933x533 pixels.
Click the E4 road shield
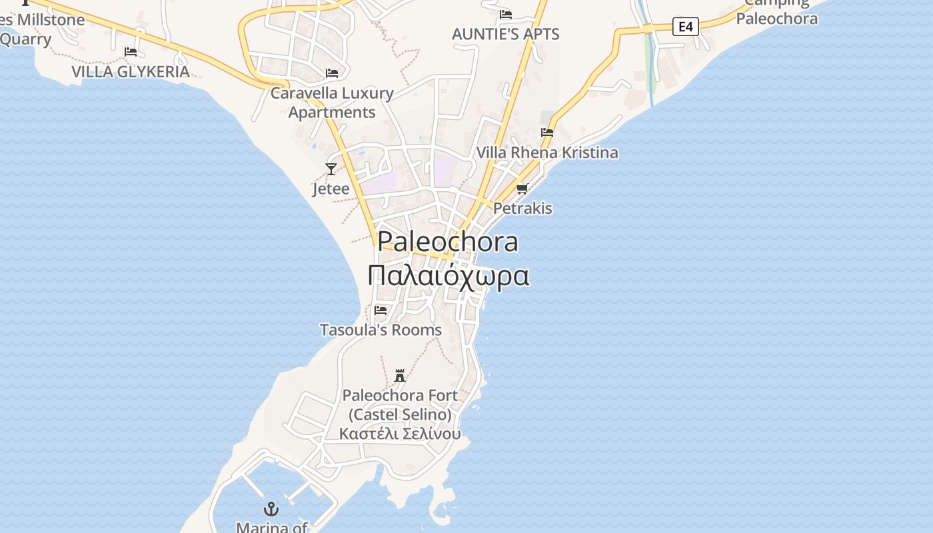point(685,27)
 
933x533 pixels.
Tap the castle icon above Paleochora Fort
point(400,375)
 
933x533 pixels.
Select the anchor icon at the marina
point(271,509)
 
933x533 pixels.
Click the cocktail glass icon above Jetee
point(331,169)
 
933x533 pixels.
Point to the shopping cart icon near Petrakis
point(522,189)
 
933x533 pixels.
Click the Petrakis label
point(522,209)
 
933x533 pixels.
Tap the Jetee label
point(331,189)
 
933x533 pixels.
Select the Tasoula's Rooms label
point(381,330)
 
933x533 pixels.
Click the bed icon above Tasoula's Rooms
point(381,310)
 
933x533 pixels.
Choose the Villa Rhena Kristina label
point(547,153)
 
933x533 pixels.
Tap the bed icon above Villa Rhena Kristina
point(547,133)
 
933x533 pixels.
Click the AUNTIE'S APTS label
point(505,34)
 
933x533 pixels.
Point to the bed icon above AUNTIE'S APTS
point(506,14)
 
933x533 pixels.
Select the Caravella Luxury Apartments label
point(332,103)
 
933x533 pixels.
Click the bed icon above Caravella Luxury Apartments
point(332,73)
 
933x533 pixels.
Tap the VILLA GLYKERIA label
point(131,71)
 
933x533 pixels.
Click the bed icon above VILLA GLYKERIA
point(131,51)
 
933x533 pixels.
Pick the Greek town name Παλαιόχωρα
point(449,275)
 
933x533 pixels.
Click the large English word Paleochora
point(448,242)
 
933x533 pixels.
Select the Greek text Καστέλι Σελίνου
point(400,434)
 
